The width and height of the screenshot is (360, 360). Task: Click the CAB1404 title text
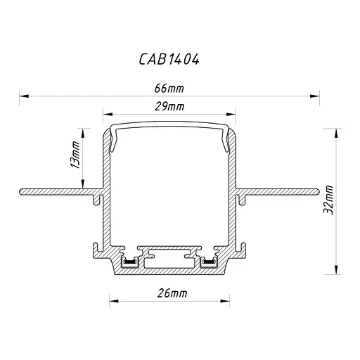point(169,59)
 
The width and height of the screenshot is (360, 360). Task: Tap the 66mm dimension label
point(169,89)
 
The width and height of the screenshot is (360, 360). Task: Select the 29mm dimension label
point(169,107)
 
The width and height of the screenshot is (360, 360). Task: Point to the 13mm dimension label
point(75,155)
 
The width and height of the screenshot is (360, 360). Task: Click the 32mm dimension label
point(328,200)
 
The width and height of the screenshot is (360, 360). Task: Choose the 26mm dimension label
point(172,293)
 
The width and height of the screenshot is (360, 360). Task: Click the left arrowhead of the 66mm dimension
point(24,96)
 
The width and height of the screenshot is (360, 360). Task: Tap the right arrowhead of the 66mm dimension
point(314,96)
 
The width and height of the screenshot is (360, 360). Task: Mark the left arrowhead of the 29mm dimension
point(108,115)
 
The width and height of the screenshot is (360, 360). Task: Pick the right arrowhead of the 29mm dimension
point(231,115)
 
